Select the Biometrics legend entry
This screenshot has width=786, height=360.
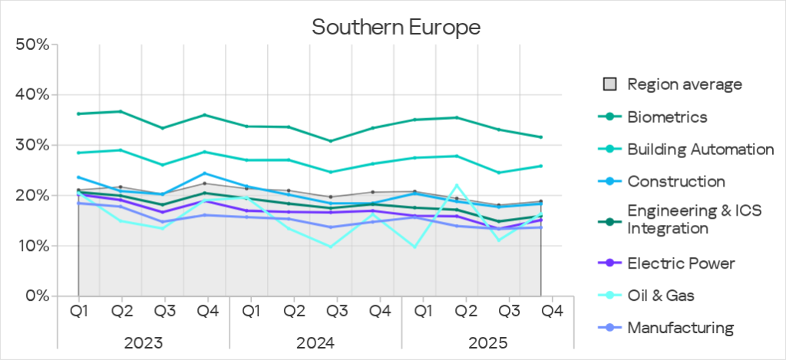(x=666, y=117)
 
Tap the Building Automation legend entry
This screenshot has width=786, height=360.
(x=699, y=149)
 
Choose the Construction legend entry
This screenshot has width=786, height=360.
(x=675, y=182)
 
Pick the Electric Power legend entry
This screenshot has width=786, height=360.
(x=681, y=263)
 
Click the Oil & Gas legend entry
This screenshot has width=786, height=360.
(x=661, y=296)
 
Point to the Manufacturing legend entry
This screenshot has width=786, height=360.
(x=680, y=328)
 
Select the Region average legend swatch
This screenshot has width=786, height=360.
(x=609, y=84)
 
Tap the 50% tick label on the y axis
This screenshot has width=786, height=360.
(x=32, y=45)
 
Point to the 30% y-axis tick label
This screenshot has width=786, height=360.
(x=32, y=145)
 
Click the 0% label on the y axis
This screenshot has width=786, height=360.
(x=36, y=296)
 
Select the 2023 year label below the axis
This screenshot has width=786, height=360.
(x=143, y=342)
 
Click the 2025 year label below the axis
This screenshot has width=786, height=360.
(x=488, y=342)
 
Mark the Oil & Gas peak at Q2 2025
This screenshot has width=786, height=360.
(x=457, y=185)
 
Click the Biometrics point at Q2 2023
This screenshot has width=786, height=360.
(x=121, y=111)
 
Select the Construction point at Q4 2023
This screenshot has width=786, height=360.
(x=204, y=173)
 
